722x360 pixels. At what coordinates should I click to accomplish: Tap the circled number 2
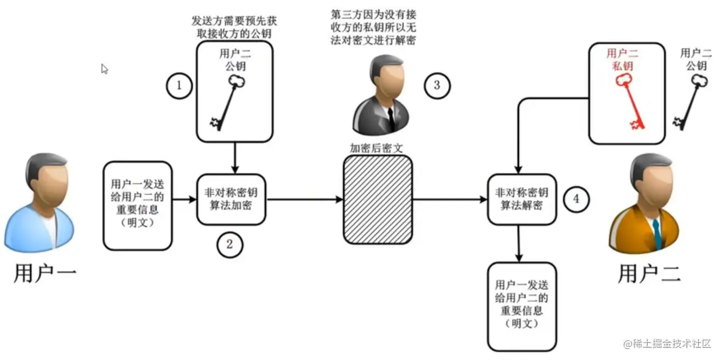tap(230, 245)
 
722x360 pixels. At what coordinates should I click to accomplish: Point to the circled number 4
tap(575, 199)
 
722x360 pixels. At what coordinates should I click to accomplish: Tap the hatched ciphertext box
tap(378, 199)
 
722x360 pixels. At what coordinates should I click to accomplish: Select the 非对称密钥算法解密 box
tap(520, 199)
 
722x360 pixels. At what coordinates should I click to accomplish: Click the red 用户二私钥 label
tap(623, 59)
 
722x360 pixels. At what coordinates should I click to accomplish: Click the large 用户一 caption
tap(44, 273)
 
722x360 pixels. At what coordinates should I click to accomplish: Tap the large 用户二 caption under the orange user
tap(649, 272)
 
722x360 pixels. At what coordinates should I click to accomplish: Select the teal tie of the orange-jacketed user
tap(657, 233)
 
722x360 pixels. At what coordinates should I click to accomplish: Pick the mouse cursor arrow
tap(104, 69)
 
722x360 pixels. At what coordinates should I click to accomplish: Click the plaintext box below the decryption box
tap(522, 306)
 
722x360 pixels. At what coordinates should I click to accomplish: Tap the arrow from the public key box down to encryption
tap(236, 156)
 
